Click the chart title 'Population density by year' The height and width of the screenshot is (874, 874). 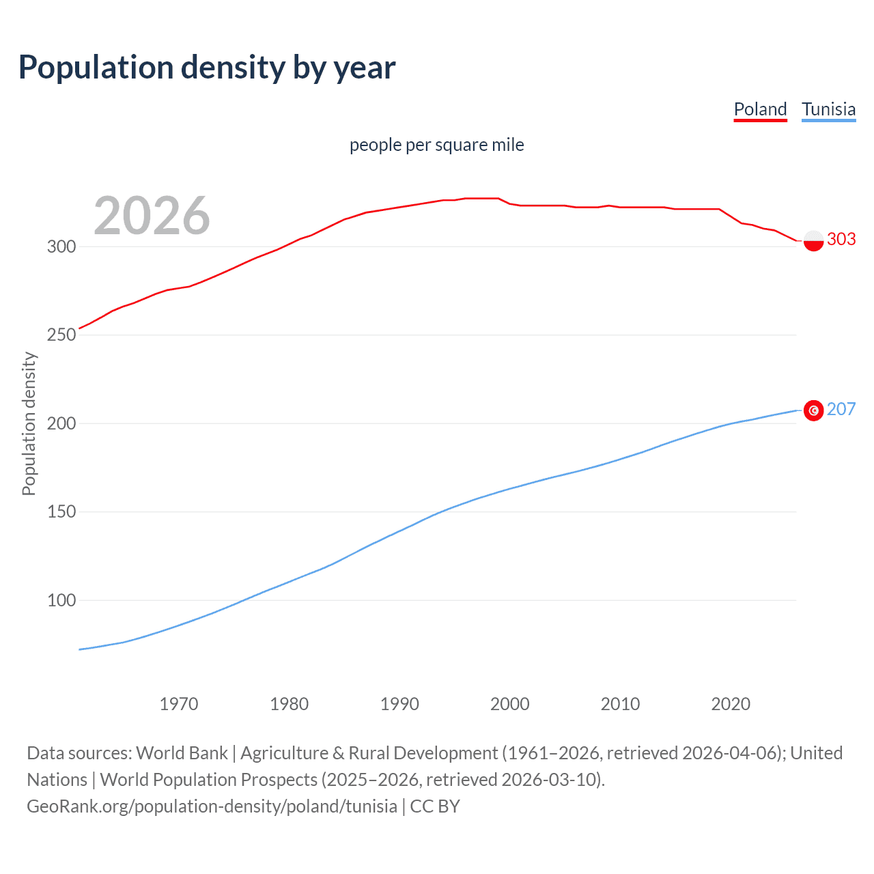207,68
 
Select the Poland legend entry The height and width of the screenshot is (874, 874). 760,109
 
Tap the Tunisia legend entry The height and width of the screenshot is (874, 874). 828,109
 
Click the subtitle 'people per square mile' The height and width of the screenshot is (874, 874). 436,145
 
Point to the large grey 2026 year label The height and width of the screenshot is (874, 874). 152,216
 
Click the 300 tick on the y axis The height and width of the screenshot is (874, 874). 61,246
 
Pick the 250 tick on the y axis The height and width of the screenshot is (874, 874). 61,335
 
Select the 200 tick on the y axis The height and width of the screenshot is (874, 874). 61,423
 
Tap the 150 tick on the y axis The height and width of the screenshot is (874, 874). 61,511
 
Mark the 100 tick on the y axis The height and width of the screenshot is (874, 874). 61,600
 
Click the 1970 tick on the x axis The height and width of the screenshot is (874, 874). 179,704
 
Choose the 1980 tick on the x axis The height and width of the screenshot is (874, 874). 290,704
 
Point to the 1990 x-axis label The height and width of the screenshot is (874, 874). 399,704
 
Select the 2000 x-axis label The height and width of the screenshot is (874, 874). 510,704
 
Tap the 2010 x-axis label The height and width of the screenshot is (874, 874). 620,704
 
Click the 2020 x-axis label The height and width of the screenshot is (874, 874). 731,704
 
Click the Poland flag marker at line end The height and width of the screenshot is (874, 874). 813,240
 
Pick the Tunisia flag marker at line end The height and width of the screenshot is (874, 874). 813,410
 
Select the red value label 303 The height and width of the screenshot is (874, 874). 841,239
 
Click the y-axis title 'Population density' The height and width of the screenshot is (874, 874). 29,423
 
